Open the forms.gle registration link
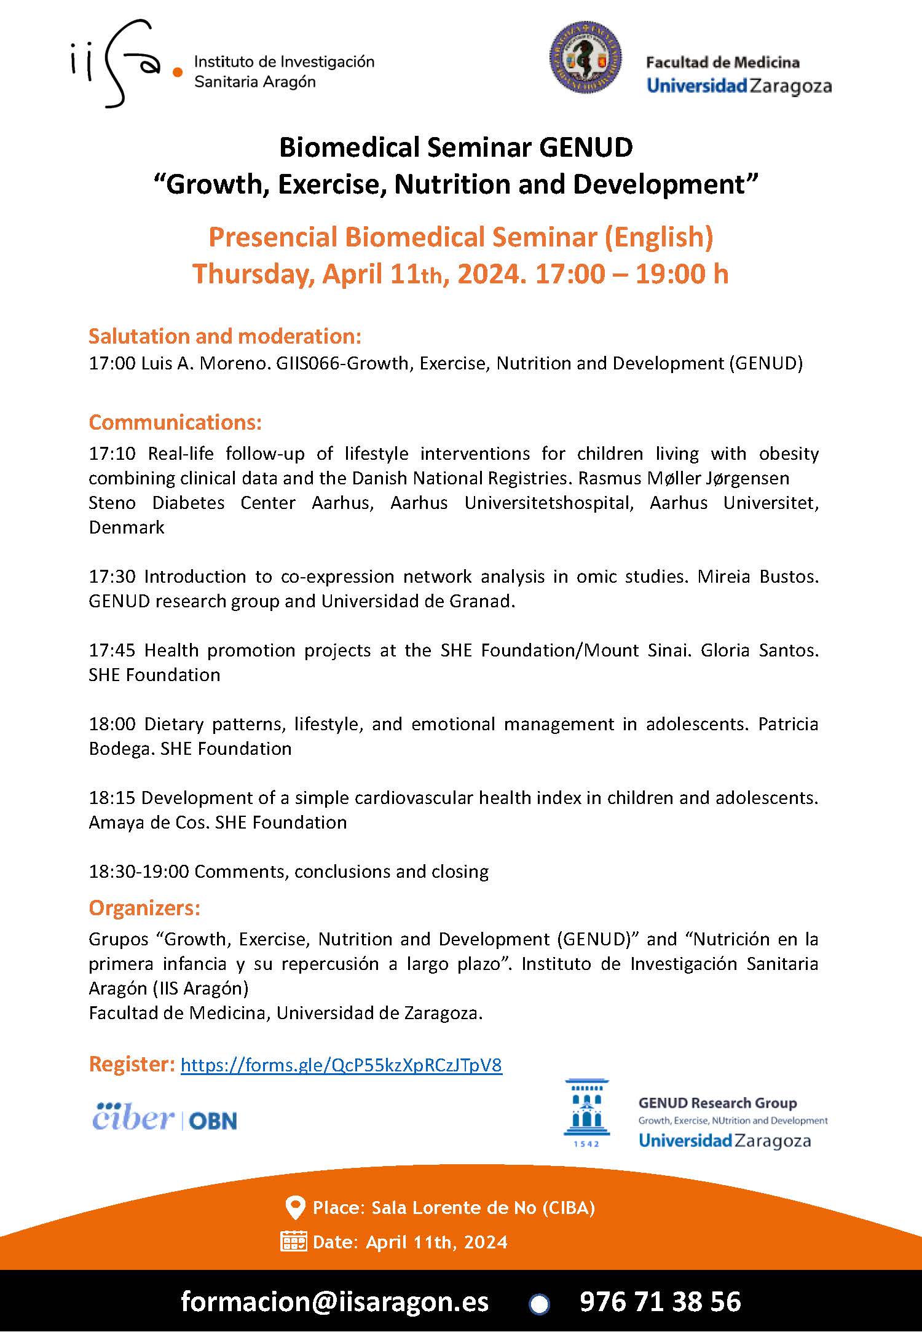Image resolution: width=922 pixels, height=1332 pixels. click(x=341, y=1065)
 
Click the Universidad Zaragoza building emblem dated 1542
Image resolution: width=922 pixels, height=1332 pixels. click(x=586, y=1112)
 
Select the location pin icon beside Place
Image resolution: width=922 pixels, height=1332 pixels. click(x=296, y=1208)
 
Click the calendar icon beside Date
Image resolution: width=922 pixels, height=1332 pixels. click(x=293, y=1242)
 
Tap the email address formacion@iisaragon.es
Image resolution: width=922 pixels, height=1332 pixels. click(x=334, y=1301)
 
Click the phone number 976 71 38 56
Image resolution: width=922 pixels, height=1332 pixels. click(x=660, y=1301)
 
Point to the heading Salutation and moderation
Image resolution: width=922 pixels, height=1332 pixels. click(x=225, y=336)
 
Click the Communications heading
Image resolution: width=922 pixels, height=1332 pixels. click(x=175, y=422)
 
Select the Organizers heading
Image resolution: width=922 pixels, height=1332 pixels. click(x=144, y=908)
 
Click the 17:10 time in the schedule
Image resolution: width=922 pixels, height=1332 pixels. click(x=112, y=454)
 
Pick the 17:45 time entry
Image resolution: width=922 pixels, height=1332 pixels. click(x=112, y=650)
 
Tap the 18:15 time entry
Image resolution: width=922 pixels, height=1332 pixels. click(x=112, y=798)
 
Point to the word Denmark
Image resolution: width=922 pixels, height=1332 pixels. click(x=127, y=527)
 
